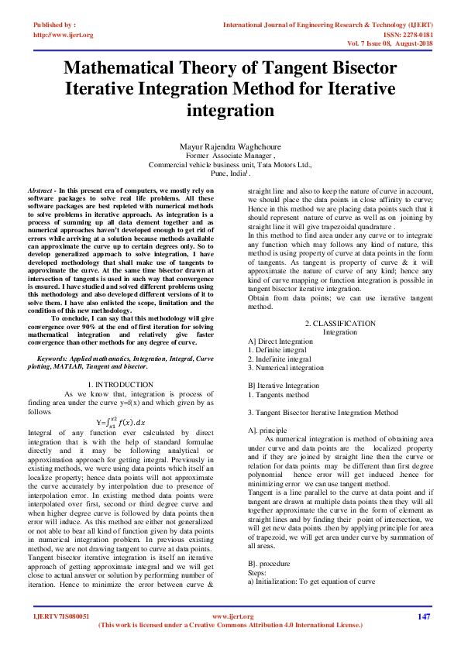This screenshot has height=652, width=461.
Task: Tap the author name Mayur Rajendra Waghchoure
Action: click(230, 146)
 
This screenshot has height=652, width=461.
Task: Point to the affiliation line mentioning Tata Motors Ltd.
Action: click(230, 165)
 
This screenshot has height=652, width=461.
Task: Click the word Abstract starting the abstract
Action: click(40, 190)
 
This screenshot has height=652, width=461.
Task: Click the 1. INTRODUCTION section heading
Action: click(120, 384)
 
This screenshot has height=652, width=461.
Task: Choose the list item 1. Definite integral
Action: click(277, 350)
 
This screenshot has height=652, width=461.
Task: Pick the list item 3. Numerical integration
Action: click(285, 368)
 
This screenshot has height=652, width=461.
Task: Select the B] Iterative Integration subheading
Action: click(284, 386)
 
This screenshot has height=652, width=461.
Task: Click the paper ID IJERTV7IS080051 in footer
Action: click(61, 616)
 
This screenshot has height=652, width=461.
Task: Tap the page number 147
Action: click(423, 616)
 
